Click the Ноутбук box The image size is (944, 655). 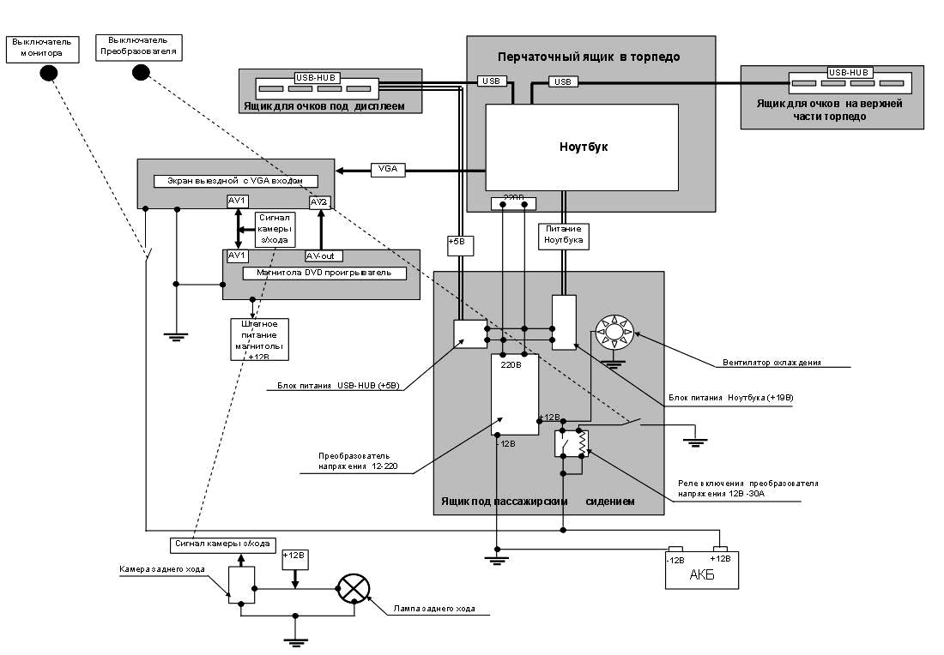tap(582, 147)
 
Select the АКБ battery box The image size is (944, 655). tap(701, 572)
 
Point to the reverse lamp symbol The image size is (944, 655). tap(353, 589)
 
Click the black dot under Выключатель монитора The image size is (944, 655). tap(49, 74)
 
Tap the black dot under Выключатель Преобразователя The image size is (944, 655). tap(141, 72)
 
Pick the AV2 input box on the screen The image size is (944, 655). tap(319, 201)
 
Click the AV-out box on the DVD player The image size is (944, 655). tap(325, 256)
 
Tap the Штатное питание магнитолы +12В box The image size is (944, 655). tap(258, 340)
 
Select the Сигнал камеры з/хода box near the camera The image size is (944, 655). tap(222, 544)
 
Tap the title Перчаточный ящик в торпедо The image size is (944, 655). tap(589, 57)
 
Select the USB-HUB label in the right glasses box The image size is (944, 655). tap(850, 73)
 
